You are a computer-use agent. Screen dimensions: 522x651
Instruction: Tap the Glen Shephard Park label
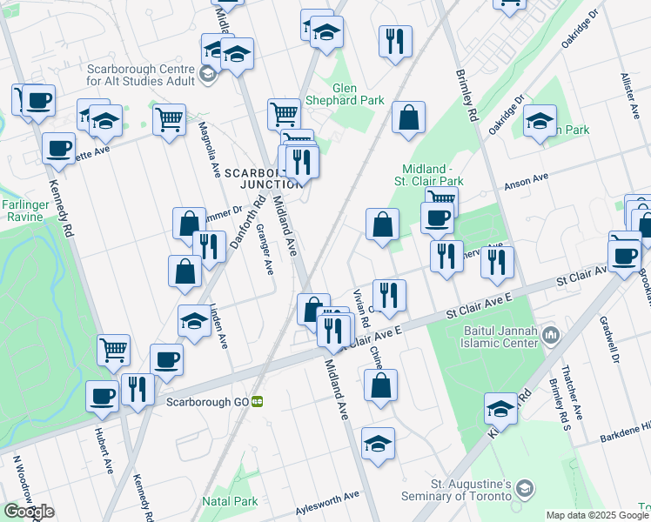pyautogui.click(x=358, y=94)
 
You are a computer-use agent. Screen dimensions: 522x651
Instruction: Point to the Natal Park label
pyautogui.click(x=230, y=501)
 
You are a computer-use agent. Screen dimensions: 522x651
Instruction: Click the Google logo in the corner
pyautogui.click(x=29, y=512)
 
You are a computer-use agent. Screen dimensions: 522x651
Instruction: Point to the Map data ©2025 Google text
pyautogui.click(x=596, y=515)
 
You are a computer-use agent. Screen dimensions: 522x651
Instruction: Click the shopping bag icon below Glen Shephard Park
pyautogui.click(x=408, y=118)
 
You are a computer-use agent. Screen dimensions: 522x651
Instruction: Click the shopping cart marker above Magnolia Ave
pyautogui.click(x=169, y=118)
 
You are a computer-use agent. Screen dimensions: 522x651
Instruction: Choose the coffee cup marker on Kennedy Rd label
pyautogui.click(x=58, y=148)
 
